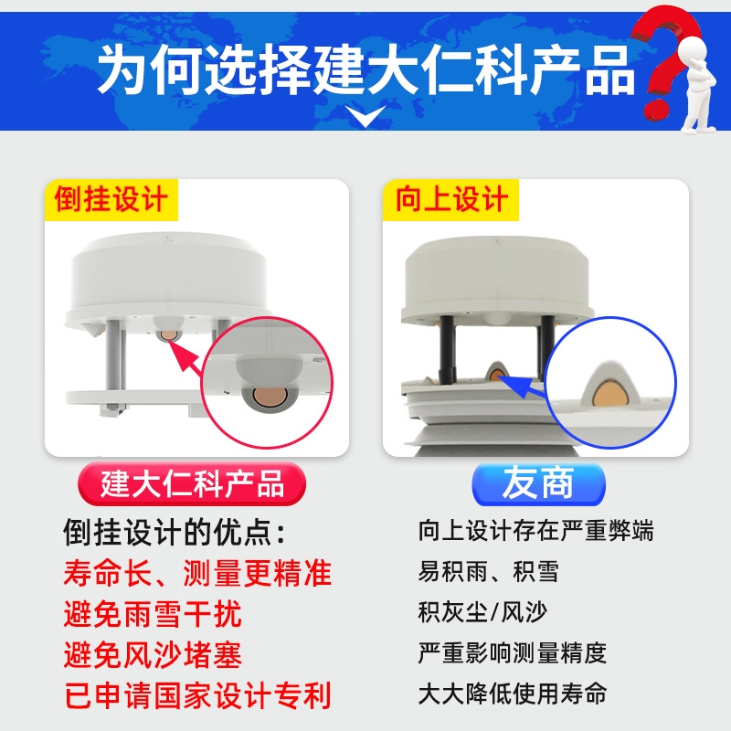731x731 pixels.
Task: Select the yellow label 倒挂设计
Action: (111, 199)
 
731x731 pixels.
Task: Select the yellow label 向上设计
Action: (450, 199)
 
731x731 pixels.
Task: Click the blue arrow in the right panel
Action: (523, 385)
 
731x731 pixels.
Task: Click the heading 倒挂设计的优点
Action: (175, 532)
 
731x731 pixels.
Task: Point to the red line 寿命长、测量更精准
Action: (197, 573)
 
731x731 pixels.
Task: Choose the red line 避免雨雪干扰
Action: (153, 614)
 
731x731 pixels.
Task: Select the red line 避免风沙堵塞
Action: (153, 654)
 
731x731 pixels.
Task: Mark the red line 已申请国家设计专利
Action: (197, 695)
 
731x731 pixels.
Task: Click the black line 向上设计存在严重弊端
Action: (535, 531)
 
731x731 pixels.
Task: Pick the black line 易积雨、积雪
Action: (488, 572)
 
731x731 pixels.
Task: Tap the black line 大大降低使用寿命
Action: (512, 694)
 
